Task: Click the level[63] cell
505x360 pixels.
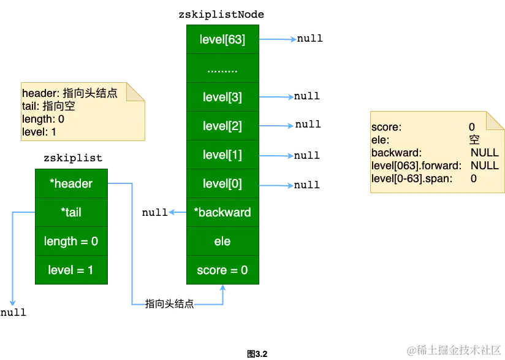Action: pos(222,40)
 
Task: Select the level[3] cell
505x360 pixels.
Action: pos(222,97)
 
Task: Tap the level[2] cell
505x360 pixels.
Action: pos(222,126)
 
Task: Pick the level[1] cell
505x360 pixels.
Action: pos(222,155)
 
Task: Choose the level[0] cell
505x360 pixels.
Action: pos(222,183)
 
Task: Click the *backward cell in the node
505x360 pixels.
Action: pos(222,212)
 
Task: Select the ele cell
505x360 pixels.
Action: pos(222,241)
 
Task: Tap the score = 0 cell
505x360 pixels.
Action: pos(222,270)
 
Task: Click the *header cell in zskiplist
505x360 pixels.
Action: pos(71,183)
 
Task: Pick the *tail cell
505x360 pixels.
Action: pos(71,212)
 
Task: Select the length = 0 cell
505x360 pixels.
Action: pos(71,241)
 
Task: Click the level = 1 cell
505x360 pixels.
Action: pos(71,269)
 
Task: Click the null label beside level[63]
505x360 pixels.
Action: pos(309,39)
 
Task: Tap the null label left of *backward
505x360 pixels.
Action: pos(154,212)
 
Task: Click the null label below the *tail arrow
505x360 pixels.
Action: pos(13,312)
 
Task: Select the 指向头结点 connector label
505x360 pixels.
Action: pos(169,304)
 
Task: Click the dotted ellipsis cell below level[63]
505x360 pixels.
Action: pos(222,69)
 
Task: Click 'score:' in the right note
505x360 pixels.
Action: pos(386,128)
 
